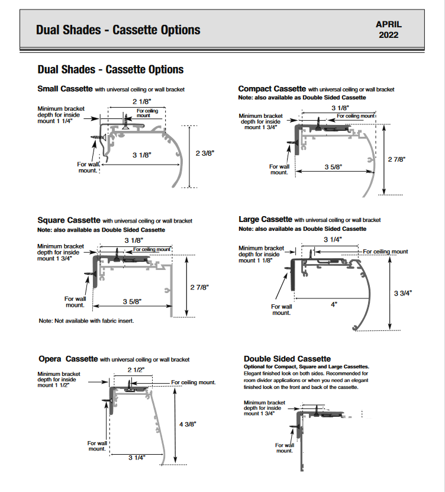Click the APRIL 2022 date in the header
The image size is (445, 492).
(388, 29)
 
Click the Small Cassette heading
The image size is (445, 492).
(65, 89)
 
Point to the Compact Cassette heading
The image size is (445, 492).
(272, 89)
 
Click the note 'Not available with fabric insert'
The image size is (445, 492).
(86, 321)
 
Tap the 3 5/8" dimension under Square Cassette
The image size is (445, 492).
(134, 302)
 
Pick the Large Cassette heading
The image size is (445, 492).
(265, 220)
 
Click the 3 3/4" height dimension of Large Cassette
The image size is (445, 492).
(403, 292)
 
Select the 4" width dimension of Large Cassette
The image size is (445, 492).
(334, 304)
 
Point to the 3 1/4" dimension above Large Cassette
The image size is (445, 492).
(333, 239)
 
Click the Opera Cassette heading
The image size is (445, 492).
(67, 359)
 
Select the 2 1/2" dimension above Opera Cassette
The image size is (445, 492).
(136, 370)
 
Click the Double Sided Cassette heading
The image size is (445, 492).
(287, 359)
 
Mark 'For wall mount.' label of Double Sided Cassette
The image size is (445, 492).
(285, 448)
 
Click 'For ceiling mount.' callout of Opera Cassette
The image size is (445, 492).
(194, 382)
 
